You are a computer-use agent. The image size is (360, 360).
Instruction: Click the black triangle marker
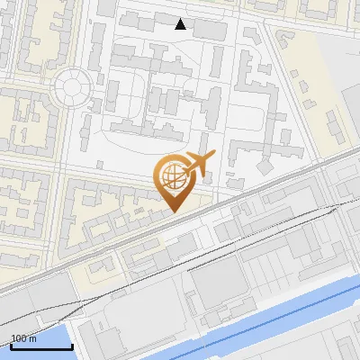[181, 24]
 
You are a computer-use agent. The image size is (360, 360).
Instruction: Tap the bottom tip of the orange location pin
[172, 212]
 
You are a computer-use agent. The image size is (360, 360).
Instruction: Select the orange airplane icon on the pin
[199, 165]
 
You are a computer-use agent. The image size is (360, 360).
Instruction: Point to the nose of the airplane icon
[214, 157]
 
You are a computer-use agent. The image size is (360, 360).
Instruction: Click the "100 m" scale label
[24, 338]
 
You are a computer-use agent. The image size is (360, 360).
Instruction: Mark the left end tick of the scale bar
[11, 345]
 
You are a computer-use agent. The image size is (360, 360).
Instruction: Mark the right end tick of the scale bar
[72, 345]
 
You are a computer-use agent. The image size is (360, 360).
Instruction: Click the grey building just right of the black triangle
[210, 29]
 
